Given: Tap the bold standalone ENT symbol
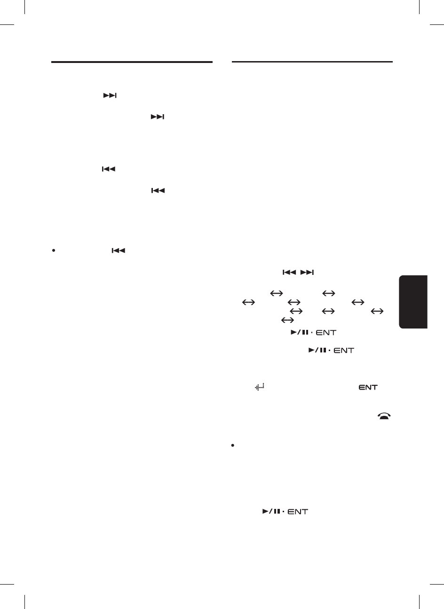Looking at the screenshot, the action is [368, 387].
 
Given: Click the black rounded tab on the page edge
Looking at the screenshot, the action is [413, 302].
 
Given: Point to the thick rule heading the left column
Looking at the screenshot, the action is [132, 62].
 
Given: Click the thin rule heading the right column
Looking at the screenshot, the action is [312, 62].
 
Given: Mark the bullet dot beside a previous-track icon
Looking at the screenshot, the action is [54, 251].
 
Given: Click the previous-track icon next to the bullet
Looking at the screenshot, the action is [119, 251].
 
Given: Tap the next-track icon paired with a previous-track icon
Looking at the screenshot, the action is [308, 272].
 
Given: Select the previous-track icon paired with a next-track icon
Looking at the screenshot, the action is [289, 272].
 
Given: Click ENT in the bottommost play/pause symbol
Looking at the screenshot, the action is [298, 511].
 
